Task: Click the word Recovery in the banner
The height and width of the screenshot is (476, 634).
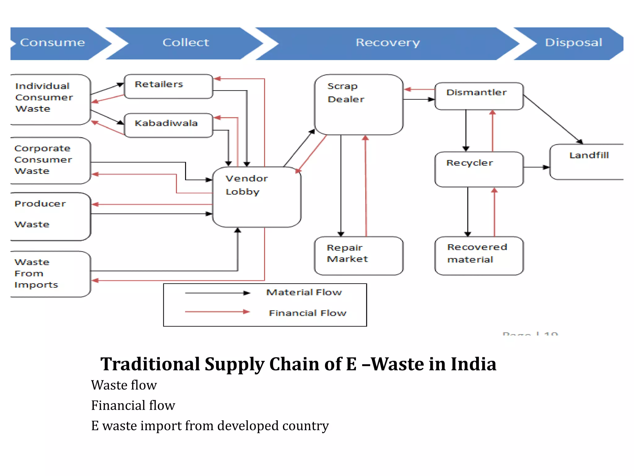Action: tap(388, 43)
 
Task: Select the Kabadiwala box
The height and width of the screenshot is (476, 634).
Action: tap(168, 125)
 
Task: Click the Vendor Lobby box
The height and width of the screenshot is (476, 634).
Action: tap(257, 197)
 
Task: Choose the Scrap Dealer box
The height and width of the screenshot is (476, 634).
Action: tap(358, 104)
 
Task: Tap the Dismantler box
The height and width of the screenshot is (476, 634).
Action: tap(479, 96)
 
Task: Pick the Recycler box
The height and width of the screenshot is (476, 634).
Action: tap(479, 169)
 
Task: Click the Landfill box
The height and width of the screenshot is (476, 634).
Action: tap(586, 161)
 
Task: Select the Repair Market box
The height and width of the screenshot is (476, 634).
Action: tap(358, 255)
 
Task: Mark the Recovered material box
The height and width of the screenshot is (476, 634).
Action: tap(479, 255)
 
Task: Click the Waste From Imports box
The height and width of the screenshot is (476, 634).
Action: tap(50, 274)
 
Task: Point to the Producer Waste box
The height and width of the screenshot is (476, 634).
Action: tap(50, 216)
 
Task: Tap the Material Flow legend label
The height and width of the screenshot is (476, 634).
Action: tap(304, 292)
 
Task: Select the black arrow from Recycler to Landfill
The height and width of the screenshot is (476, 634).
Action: tap(536, 167)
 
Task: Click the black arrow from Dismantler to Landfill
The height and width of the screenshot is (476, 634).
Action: tap(553, 119)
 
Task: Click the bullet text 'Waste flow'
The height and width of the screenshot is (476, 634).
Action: tap(124, 385)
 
